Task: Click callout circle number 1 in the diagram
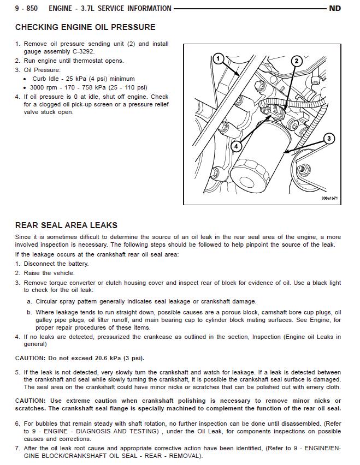click(218, 58)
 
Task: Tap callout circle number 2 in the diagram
click(296, 61)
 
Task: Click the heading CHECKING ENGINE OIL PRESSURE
click(85, 27)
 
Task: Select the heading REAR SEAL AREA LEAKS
click(66, 225)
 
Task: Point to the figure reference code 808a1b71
click(330, 199)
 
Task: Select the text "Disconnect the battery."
click(56, 264)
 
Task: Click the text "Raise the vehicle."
click(49, 273)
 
